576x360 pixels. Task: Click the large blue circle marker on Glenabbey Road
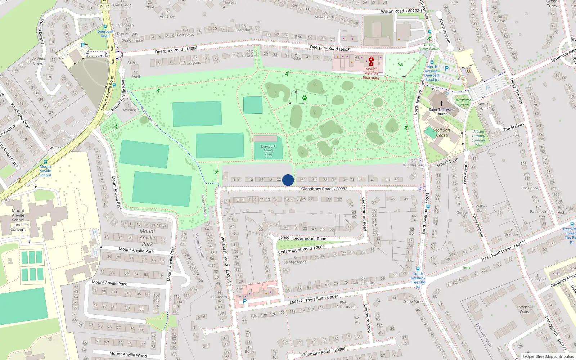(x=288, y=180)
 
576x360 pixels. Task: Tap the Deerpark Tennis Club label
(x=268, y=151)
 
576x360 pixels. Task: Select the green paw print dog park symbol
(x=305, y=98)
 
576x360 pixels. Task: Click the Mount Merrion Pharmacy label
(x=371, y=73)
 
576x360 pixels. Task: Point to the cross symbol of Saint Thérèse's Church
(x=441, y=104)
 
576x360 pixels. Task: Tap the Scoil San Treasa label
(x=441, y=133)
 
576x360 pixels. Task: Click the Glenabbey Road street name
(x=316, y=189)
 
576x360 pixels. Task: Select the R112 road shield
(x=105, y=7)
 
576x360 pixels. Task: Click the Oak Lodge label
(x=122, y=5)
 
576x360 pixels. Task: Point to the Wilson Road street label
(x=392, y=12)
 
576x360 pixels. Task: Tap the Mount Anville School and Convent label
(x=18, y=220)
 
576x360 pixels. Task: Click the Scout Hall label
(x=483, y=106)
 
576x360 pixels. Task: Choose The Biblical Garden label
(x=463, y=102)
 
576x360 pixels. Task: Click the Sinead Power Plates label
(x=429, y=46)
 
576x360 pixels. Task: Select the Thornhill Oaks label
(x=525, y=309)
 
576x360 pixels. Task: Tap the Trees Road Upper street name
(x=321, y=298)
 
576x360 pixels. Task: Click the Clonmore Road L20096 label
(x=323, y=352)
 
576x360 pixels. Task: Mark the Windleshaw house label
(x=413, y=165)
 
